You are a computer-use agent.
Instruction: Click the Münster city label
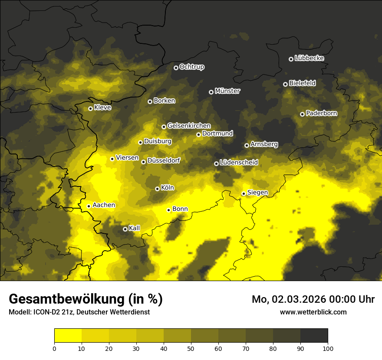pyautogui.click(x=227, y=91)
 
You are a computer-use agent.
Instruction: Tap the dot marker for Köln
pyautogui.click(x=157, y=189)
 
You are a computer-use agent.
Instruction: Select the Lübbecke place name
pyautogui.click(x=309, y=58)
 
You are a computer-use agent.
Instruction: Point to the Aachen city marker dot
pyautogui.click(x=89, y=206)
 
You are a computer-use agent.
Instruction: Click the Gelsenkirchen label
pyautogui.click(x=189, y=126)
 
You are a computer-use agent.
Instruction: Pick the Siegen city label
pyautogui.click(x=257, y=193)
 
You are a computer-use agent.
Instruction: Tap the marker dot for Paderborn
pyautogui.click(x=302, y=114)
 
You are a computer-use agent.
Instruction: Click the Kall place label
pyautogui.click(x=134, y=228)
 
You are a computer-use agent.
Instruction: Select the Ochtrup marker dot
pyautogui.click(x=176, y=67)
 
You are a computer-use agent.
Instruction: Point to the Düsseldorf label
pyautogui.click(x=164, y=161)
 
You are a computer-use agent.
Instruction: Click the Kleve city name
pyautogui.click(x=102, y=108)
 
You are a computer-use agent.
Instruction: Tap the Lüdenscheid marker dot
pyautogui.click(x=216, y=164)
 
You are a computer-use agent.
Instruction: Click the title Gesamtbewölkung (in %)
pyautogui.click(x=86, y=299)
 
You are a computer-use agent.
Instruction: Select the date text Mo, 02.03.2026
pyautogui.click(x=286, y=299)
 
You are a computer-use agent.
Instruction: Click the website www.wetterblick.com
pyautogui.click(x=313, y=312)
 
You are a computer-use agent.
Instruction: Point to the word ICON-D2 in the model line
pyautogui.click(x=46, y=312)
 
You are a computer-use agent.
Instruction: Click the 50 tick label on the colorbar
pyautogui.click(x=191, y=348)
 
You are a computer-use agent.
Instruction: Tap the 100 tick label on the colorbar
pyautogui.click(x=327, y=348)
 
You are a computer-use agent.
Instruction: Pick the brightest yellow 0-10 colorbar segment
pyautogui.click(x=68, y=335)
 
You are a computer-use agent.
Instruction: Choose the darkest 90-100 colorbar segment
pyautogui.click(x=314, y=335)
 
